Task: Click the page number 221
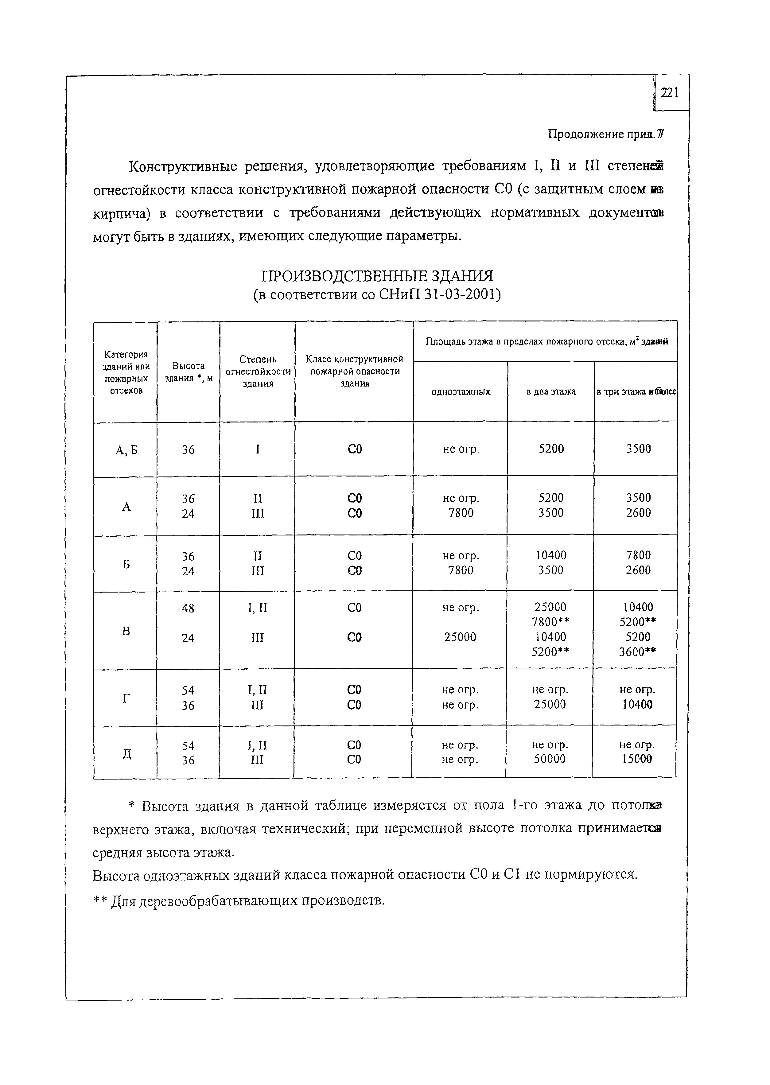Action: pos(670,93)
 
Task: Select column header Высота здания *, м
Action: pos(188,372)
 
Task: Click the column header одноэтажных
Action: pos(461,391)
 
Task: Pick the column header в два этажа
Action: pos(551,391)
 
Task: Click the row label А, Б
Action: pos(126,450)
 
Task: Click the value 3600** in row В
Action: pos(638,652)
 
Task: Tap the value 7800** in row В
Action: pos(550,622)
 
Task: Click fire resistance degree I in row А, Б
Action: pos(258,449)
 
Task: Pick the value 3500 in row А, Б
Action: pos(638,449)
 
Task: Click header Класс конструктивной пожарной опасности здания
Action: pos(354,371)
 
